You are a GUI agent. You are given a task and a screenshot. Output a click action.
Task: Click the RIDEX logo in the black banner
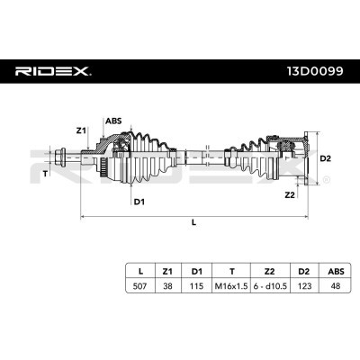(x=53, y=71)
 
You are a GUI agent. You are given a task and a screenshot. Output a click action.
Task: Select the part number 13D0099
(x=315, y=71)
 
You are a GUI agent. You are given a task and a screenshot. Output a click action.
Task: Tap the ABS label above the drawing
(x=113, y=121)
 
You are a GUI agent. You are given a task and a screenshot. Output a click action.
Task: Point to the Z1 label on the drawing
(x=81, y=130)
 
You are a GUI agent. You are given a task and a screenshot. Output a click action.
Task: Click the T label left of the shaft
(x=45, y=173)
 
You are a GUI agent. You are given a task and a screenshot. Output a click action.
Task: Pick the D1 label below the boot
(x=139, y=202)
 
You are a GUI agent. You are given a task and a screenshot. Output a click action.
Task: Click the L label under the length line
(x=193, y=222)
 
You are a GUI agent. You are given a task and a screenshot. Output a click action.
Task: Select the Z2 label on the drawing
(x=290, y=195)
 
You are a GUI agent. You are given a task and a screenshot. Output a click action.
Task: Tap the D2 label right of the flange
(x=325, y=158)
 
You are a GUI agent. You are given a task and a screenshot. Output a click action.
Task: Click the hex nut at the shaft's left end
(x=59, y=157)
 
